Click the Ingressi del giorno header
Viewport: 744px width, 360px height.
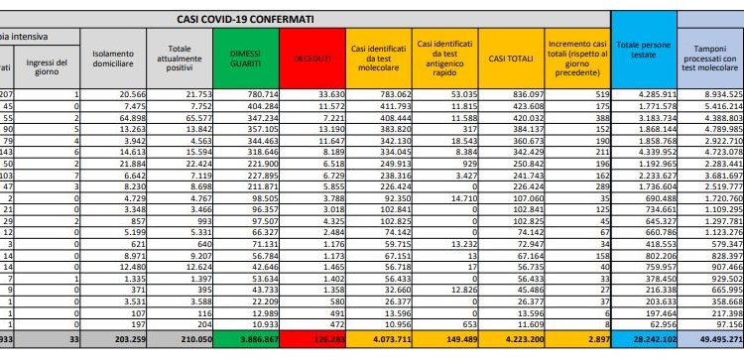50,64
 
